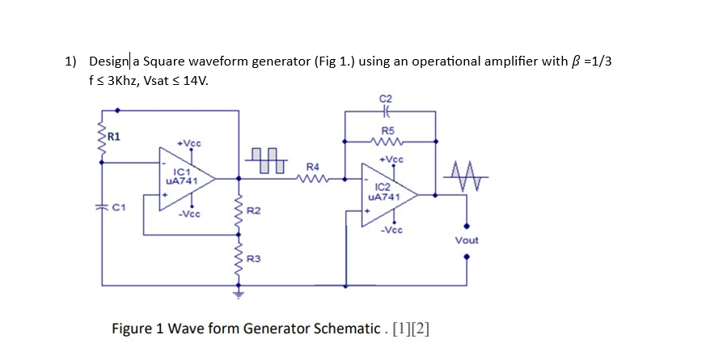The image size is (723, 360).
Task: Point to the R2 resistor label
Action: click(x=252, y=211)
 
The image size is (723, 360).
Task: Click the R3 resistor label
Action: click(x=252, y=259)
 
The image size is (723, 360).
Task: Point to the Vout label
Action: click(x=467, y=240)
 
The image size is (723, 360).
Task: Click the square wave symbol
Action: click(x=265, y=159)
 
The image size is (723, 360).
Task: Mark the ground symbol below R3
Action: click(x=239, y=294)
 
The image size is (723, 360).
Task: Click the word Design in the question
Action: click(x=108, y=61)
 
